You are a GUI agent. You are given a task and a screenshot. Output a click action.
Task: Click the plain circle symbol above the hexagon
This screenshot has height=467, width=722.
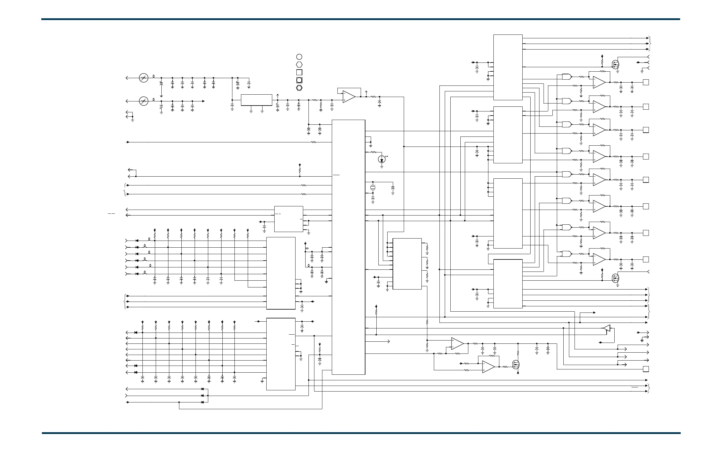click(299, 57)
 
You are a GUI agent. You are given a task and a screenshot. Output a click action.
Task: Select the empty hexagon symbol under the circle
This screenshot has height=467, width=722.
click(299, 64)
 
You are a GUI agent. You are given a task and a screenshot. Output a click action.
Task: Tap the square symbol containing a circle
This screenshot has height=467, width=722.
click(299, 80)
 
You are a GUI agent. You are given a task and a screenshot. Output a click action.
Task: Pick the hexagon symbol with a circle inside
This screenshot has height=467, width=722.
click(299, 88)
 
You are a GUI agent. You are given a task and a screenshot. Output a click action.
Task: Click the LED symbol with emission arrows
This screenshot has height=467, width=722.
click(382, 159)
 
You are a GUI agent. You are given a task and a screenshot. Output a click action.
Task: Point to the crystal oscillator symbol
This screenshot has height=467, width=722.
click(373, 188)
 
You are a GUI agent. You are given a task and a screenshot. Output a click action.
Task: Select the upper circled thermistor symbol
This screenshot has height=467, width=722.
click(144, 78)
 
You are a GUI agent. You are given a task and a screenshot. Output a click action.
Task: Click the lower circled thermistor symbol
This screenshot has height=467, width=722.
click(144, 101)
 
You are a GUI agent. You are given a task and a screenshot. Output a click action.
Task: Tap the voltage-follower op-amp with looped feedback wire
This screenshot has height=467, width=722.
click(349, 97)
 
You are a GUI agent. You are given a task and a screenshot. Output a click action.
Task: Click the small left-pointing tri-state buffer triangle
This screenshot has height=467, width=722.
click(606, 328)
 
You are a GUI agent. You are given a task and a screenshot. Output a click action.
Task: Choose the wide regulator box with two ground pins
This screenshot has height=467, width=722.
click(256, 100)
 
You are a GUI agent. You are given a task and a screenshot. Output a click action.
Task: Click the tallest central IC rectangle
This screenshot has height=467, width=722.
click(348, 247)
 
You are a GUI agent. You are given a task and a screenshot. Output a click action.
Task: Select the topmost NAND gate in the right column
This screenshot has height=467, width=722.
click(566, 77)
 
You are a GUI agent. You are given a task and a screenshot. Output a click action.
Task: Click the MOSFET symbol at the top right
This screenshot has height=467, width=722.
click(616, 65)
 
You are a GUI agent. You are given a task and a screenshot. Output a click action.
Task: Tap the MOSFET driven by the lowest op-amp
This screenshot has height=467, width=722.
click(516, 364)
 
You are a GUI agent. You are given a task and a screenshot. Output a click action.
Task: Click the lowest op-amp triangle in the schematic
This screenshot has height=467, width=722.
click(488, 367)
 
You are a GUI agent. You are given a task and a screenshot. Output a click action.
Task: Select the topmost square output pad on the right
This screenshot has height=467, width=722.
click(646, 82)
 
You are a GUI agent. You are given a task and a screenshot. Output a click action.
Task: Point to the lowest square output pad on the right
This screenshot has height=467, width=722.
click(646, 369)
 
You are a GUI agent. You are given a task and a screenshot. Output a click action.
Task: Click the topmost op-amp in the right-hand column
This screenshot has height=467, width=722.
click(599, 82)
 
